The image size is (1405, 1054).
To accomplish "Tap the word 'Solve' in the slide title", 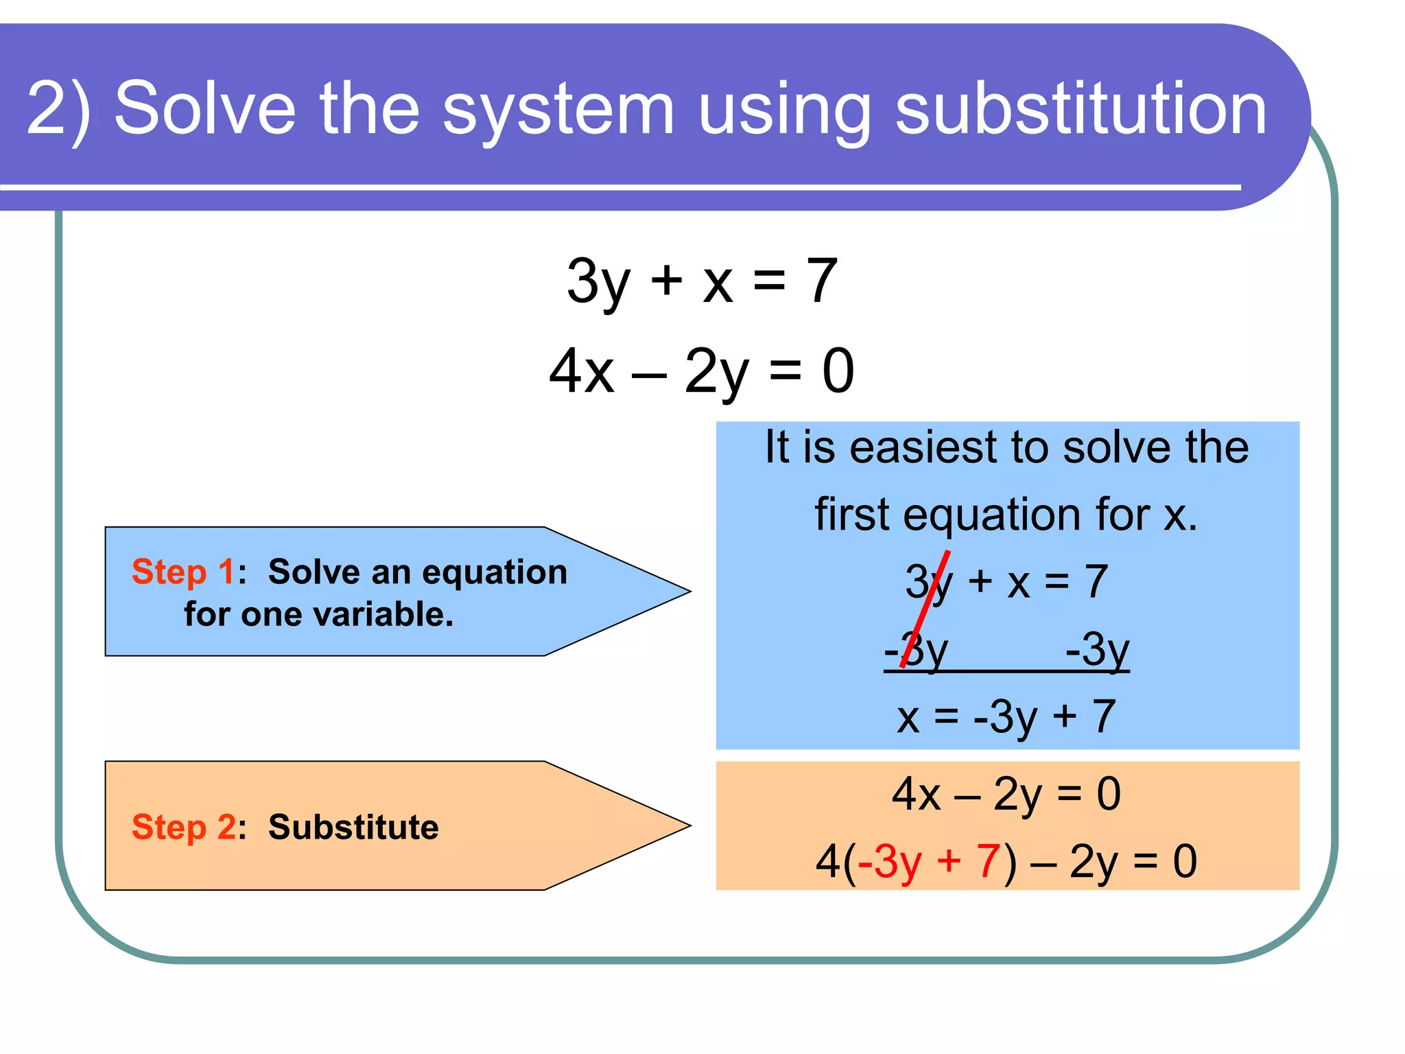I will click(x=204, y=108).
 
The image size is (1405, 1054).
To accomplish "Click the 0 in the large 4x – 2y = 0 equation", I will click(x=838, y=371).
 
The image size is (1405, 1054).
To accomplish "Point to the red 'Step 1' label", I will click(x=183, y=572).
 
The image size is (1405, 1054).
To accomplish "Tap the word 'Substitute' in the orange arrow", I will click(x=353, y=827).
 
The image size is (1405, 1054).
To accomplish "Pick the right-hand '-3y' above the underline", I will click(x=1096, y=649).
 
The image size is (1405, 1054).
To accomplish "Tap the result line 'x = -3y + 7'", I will click(x=1006, y=716).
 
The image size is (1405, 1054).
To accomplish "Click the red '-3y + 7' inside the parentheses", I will click(x=930, y=861).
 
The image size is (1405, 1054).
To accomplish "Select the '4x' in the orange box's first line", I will click(x=916, y=794).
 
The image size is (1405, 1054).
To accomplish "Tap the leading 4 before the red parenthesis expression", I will click(x=827, y=861).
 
